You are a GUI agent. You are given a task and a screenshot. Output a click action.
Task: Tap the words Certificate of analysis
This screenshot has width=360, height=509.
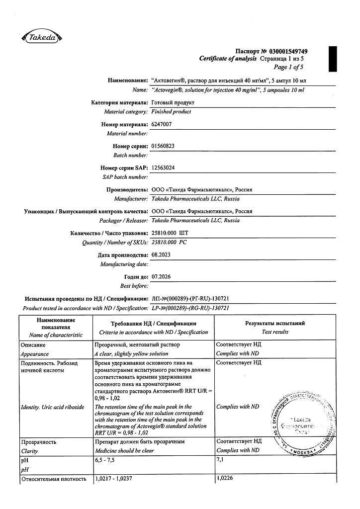pos(228,59)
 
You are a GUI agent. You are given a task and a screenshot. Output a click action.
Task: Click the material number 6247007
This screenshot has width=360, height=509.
pos(161,124)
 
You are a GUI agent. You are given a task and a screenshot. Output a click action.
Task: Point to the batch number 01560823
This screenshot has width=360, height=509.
pos(163,146)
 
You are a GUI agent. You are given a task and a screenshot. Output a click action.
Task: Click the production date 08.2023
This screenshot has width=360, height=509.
pos(161,255)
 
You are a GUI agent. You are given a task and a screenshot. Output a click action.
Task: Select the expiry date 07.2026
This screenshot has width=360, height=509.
pos(161,276)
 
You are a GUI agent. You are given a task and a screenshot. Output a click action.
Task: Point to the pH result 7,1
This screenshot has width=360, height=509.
pos(220,460)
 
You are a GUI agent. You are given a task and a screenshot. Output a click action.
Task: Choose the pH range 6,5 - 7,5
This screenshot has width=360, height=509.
pos(107,460)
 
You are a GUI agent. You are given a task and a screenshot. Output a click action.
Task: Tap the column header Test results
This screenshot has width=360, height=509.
pos(274,332)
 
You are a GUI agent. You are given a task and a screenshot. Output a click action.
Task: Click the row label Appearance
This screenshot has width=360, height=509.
pos(34,354)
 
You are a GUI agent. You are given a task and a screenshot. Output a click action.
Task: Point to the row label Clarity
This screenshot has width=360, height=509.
pos(29,451)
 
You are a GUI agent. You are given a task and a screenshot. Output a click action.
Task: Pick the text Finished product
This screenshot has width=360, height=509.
pos(171,112)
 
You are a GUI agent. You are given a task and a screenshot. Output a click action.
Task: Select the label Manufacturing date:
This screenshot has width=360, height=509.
pos(124,264)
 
